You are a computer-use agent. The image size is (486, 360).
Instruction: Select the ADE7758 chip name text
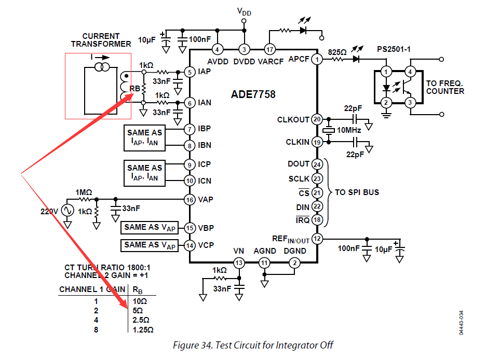click(x=253, y=95)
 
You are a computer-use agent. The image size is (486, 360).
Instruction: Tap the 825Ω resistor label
click(x=337, y=52)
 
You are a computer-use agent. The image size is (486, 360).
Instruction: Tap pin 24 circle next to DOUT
click(x=317, y=164)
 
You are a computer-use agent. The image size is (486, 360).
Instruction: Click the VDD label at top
click(x=244, y=11)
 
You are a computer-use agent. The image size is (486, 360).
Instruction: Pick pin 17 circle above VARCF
click(x=269, y=49)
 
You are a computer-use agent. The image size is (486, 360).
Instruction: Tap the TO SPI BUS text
click(x=357, y=192)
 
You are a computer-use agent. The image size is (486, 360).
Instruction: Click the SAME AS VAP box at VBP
click(x=150, y=227)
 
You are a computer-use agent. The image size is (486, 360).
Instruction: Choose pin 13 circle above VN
click(x=238, y=263)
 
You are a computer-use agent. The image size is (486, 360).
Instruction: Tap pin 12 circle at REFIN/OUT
click(x=317, y=239)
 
